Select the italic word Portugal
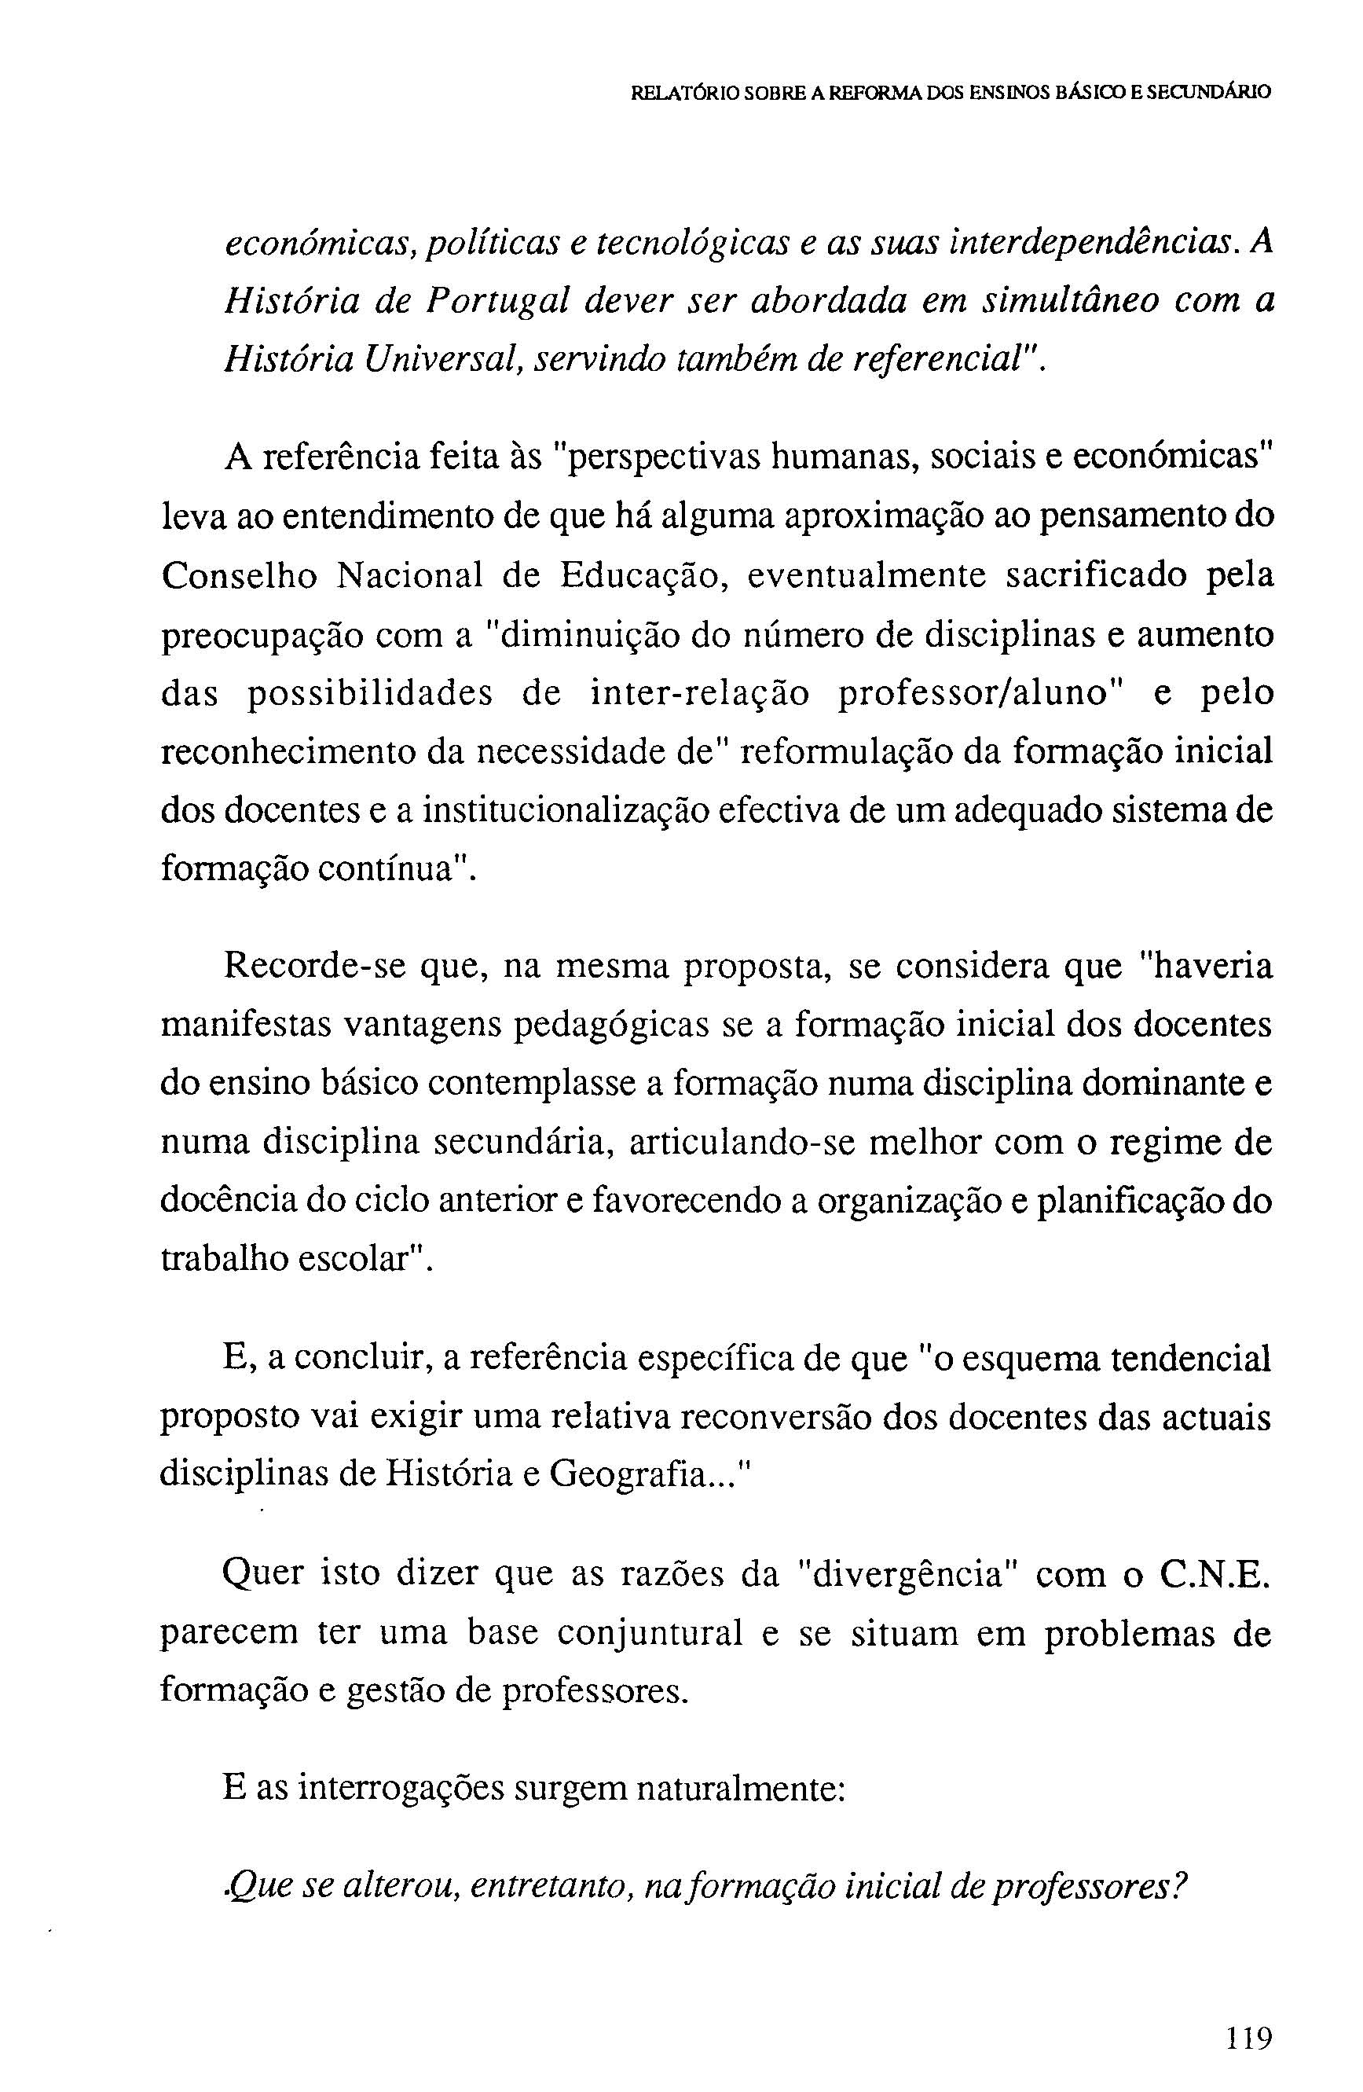pos(497,302)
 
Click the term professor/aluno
pos(970,692)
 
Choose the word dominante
pos(1162,1084)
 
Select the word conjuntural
pos(650,1633)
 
